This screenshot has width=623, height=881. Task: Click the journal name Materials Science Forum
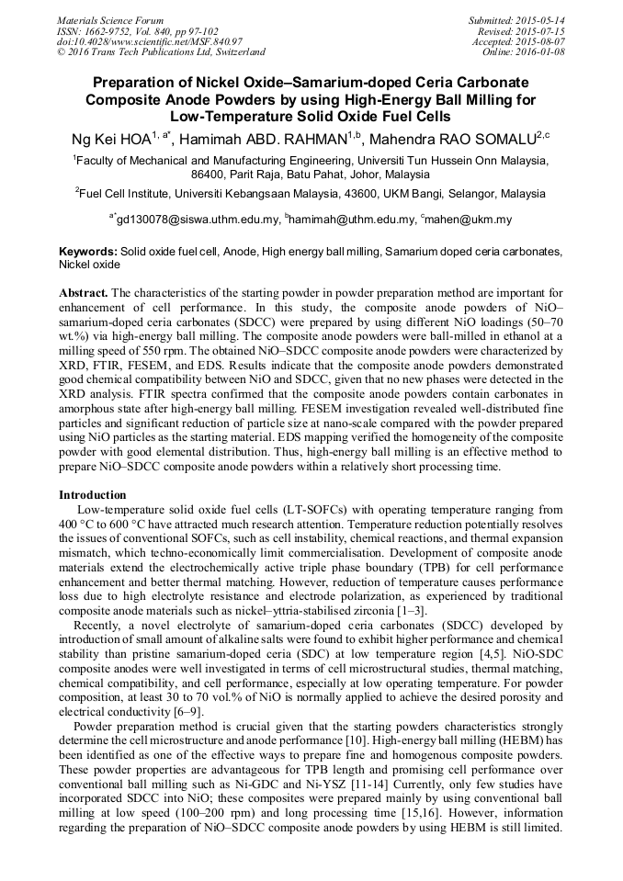[110, 20]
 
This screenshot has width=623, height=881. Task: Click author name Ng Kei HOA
[116, 139]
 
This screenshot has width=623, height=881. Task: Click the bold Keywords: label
[88, 251]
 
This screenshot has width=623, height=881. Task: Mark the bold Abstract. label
[84, 292]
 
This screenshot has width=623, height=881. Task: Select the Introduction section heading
[92, 495]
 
